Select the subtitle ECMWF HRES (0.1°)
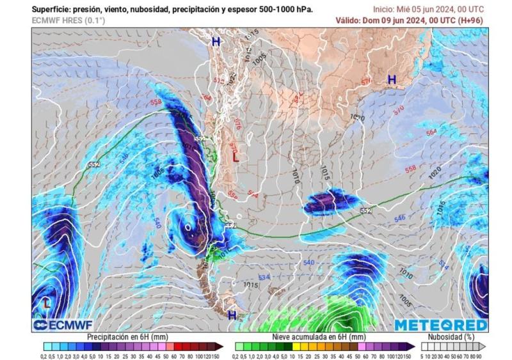click(x=68, y=20)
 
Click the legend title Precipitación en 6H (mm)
click(x=128, y=336)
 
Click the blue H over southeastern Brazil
click(x=391, y=79)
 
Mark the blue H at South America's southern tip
click(x=232, y=315)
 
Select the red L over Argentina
click(x=236, y=157)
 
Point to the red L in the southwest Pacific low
click(x=47, y=303)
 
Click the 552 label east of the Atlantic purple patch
click(x=365, y=210)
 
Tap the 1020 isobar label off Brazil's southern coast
click(x=358, y=118)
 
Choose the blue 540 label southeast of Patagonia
click(x=308, y=263)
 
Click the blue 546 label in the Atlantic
click(x=399, y=218)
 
